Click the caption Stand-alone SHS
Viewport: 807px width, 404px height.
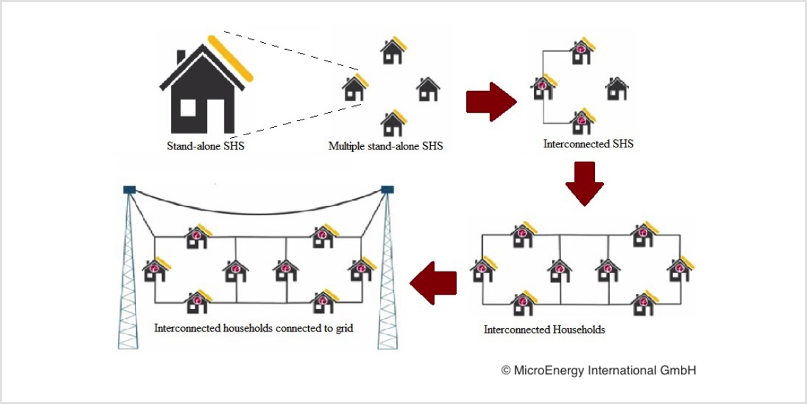tap(206, 146)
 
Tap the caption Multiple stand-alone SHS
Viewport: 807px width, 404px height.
tap(386, 146)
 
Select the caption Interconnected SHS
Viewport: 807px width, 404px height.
tap(588, 144)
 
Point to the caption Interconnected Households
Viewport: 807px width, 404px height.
tap(544, 330)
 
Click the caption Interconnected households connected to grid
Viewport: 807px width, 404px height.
tap(253, 328)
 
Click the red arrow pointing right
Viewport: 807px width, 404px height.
tap(491, 102)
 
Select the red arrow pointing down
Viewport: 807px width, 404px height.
tap(585, 184)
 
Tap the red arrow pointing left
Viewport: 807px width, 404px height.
tap(433, 283)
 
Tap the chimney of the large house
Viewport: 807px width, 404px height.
tap(181, 57)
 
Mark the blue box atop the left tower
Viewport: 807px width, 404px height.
tap(130, 189)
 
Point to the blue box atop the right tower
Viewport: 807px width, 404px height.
tap(387, 189)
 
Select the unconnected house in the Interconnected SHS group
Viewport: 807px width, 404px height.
tap(617, 89)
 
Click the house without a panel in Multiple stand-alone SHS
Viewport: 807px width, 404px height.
tap(428, 89)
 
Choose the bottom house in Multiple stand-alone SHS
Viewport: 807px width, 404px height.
tap(393, 123)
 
